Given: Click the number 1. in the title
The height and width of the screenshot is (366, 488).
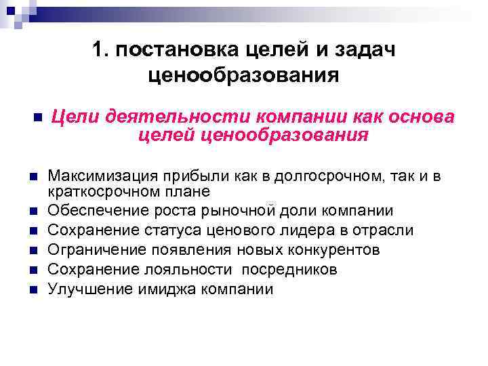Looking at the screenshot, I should tap(100, 49).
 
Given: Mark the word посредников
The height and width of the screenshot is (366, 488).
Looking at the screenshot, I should tap(283, 270).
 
